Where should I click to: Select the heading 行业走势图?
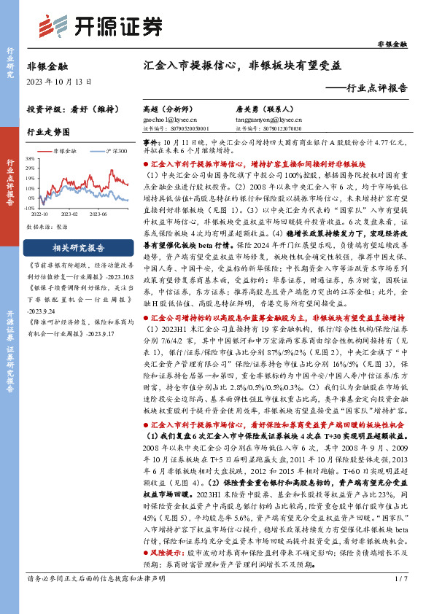pos(48,132)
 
